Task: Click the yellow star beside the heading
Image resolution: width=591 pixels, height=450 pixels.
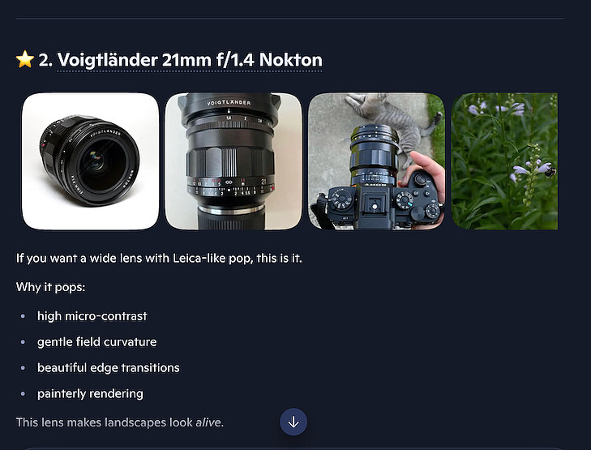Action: coord(25,59)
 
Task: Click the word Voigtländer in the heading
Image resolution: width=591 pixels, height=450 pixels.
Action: coord(108,60)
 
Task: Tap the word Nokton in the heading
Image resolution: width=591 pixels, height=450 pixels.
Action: coord(290,60)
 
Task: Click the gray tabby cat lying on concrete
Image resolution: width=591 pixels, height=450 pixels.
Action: coord(392,121)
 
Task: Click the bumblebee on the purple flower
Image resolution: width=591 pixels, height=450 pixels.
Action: coord(550,172)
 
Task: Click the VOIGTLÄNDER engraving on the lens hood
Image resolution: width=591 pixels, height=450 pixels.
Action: coord(229,102)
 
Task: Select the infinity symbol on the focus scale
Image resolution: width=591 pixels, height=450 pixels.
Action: coord(229,182)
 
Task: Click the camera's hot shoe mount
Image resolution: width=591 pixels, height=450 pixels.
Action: coord(375,204)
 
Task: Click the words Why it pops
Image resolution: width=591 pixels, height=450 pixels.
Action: coord(50,287)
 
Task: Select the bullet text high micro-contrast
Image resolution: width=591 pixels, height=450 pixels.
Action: coord(92,316)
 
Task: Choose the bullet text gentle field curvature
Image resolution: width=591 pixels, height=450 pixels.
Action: coord(96,342)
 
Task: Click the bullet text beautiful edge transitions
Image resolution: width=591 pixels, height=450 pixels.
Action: coord(108,367)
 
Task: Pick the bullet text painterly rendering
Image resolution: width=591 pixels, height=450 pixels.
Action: coord(90,393)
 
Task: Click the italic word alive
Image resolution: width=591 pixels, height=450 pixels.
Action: coord(208,422)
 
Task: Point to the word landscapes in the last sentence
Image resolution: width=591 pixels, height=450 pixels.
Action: coord(135,422)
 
